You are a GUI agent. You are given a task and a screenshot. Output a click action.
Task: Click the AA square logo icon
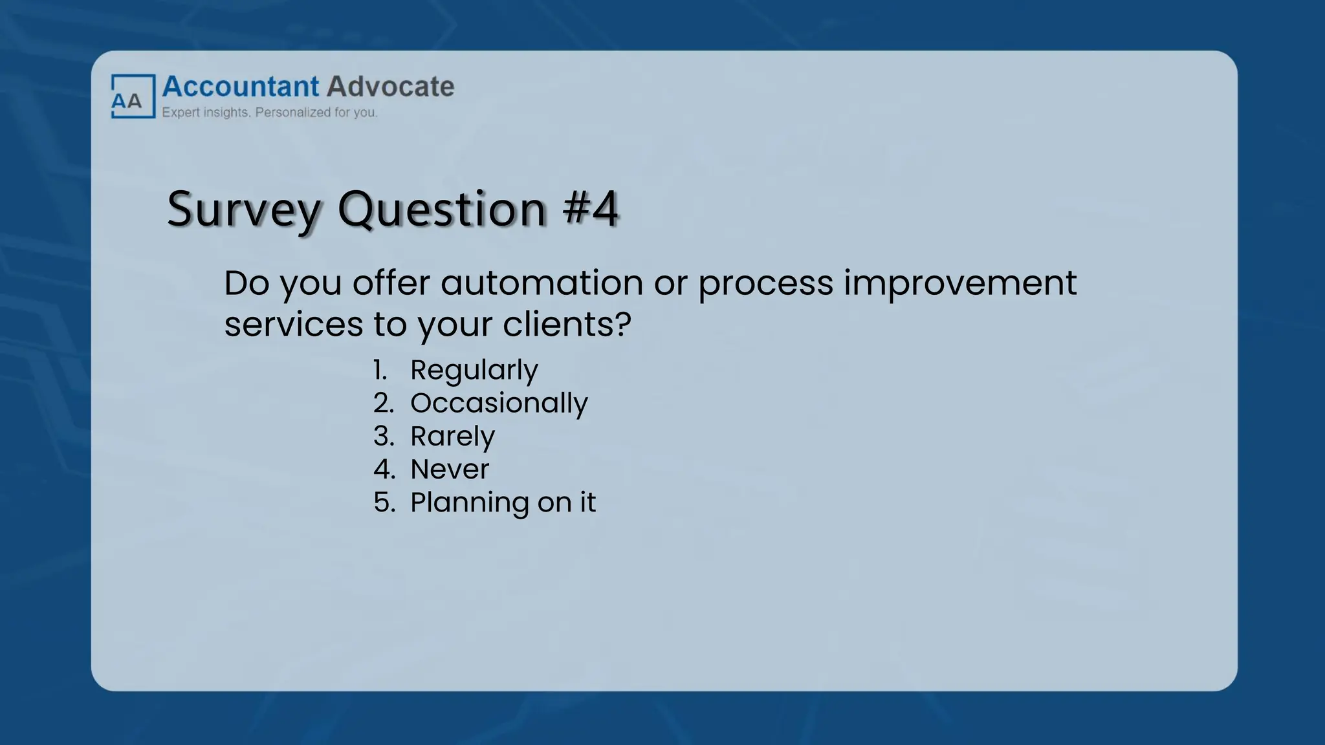pyautogui.click(x=133, y=96)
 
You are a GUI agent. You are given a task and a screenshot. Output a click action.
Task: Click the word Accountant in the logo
pyautogui.click(x=241, y=87)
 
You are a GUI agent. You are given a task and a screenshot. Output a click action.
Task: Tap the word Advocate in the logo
pyautogui.click(x=390, y=87)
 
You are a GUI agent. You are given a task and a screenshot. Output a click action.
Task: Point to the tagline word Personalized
pyautogui.click(x=293, y=113)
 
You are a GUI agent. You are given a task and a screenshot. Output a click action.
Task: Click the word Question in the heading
pyautogui.click(x=442, y=210)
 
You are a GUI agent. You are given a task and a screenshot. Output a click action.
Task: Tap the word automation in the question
pyautogui.click(x=542, y=283)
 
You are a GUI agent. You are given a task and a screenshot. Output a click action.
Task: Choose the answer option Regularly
pyautogui.click(x=474, y=371)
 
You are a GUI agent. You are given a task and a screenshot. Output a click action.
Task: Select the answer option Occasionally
pyautogui.click(x=499, y=403)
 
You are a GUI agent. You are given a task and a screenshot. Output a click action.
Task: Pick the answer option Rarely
pyautogui.click(x=452, y=437)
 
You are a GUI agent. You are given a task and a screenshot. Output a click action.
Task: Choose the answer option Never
pyautogui.click(x=450, y=470)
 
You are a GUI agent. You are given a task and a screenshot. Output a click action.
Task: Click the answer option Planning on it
pyautogui.click(x=503, y=502)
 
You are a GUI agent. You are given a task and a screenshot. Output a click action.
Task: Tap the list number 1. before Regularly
pyautogui.click(x=380, y=371)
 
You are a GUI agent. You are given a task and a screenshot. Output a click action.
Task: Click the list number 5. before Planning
pyautogui.click(x=384, y=502)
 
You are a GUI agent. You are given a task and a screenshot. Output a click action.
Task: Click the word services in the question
pyautogui.click(x=293, y=324)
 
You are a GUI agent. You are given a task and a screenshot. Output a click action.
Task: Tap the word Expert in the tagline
pyautogui.click(x=180, y=113)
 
